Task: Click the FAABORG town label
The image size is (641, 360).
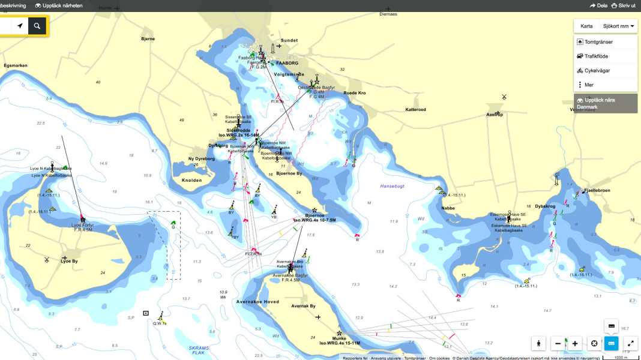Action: pos(287,63)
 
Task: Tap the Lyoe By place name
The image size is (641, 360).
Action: pos(70,261)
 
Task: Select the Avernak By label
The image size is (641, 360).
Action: pos(303,306)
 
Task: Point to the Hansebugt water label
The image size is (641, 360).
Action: pos(392,186)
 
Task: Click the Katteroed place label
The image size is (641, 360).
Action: pos(415,110)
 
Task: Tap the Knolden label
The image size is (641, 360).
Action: pos(191,180)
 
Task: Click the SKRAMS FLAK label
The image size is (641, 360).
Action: pos(197,350)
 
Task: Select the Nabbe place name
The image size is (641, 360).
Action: pos(448,208)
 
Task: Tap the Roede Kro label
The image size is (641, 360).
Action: pos(354,93)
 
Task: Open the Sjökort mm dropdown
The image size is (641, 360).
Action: pos(619,26)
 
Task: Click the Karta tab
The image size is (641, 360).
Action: pos(586,26)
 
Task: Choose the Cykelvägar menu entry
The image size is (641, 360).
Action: pos(601,70)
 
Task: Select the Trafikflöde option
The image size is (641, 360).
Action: pos(600,56)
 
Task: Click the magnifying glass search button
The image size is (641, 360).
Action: pos(37,26)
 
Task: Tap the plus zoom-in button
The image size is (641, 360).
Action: pos(575,344)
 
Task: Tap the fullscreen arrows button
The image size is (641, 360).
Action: pos(630,344)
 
